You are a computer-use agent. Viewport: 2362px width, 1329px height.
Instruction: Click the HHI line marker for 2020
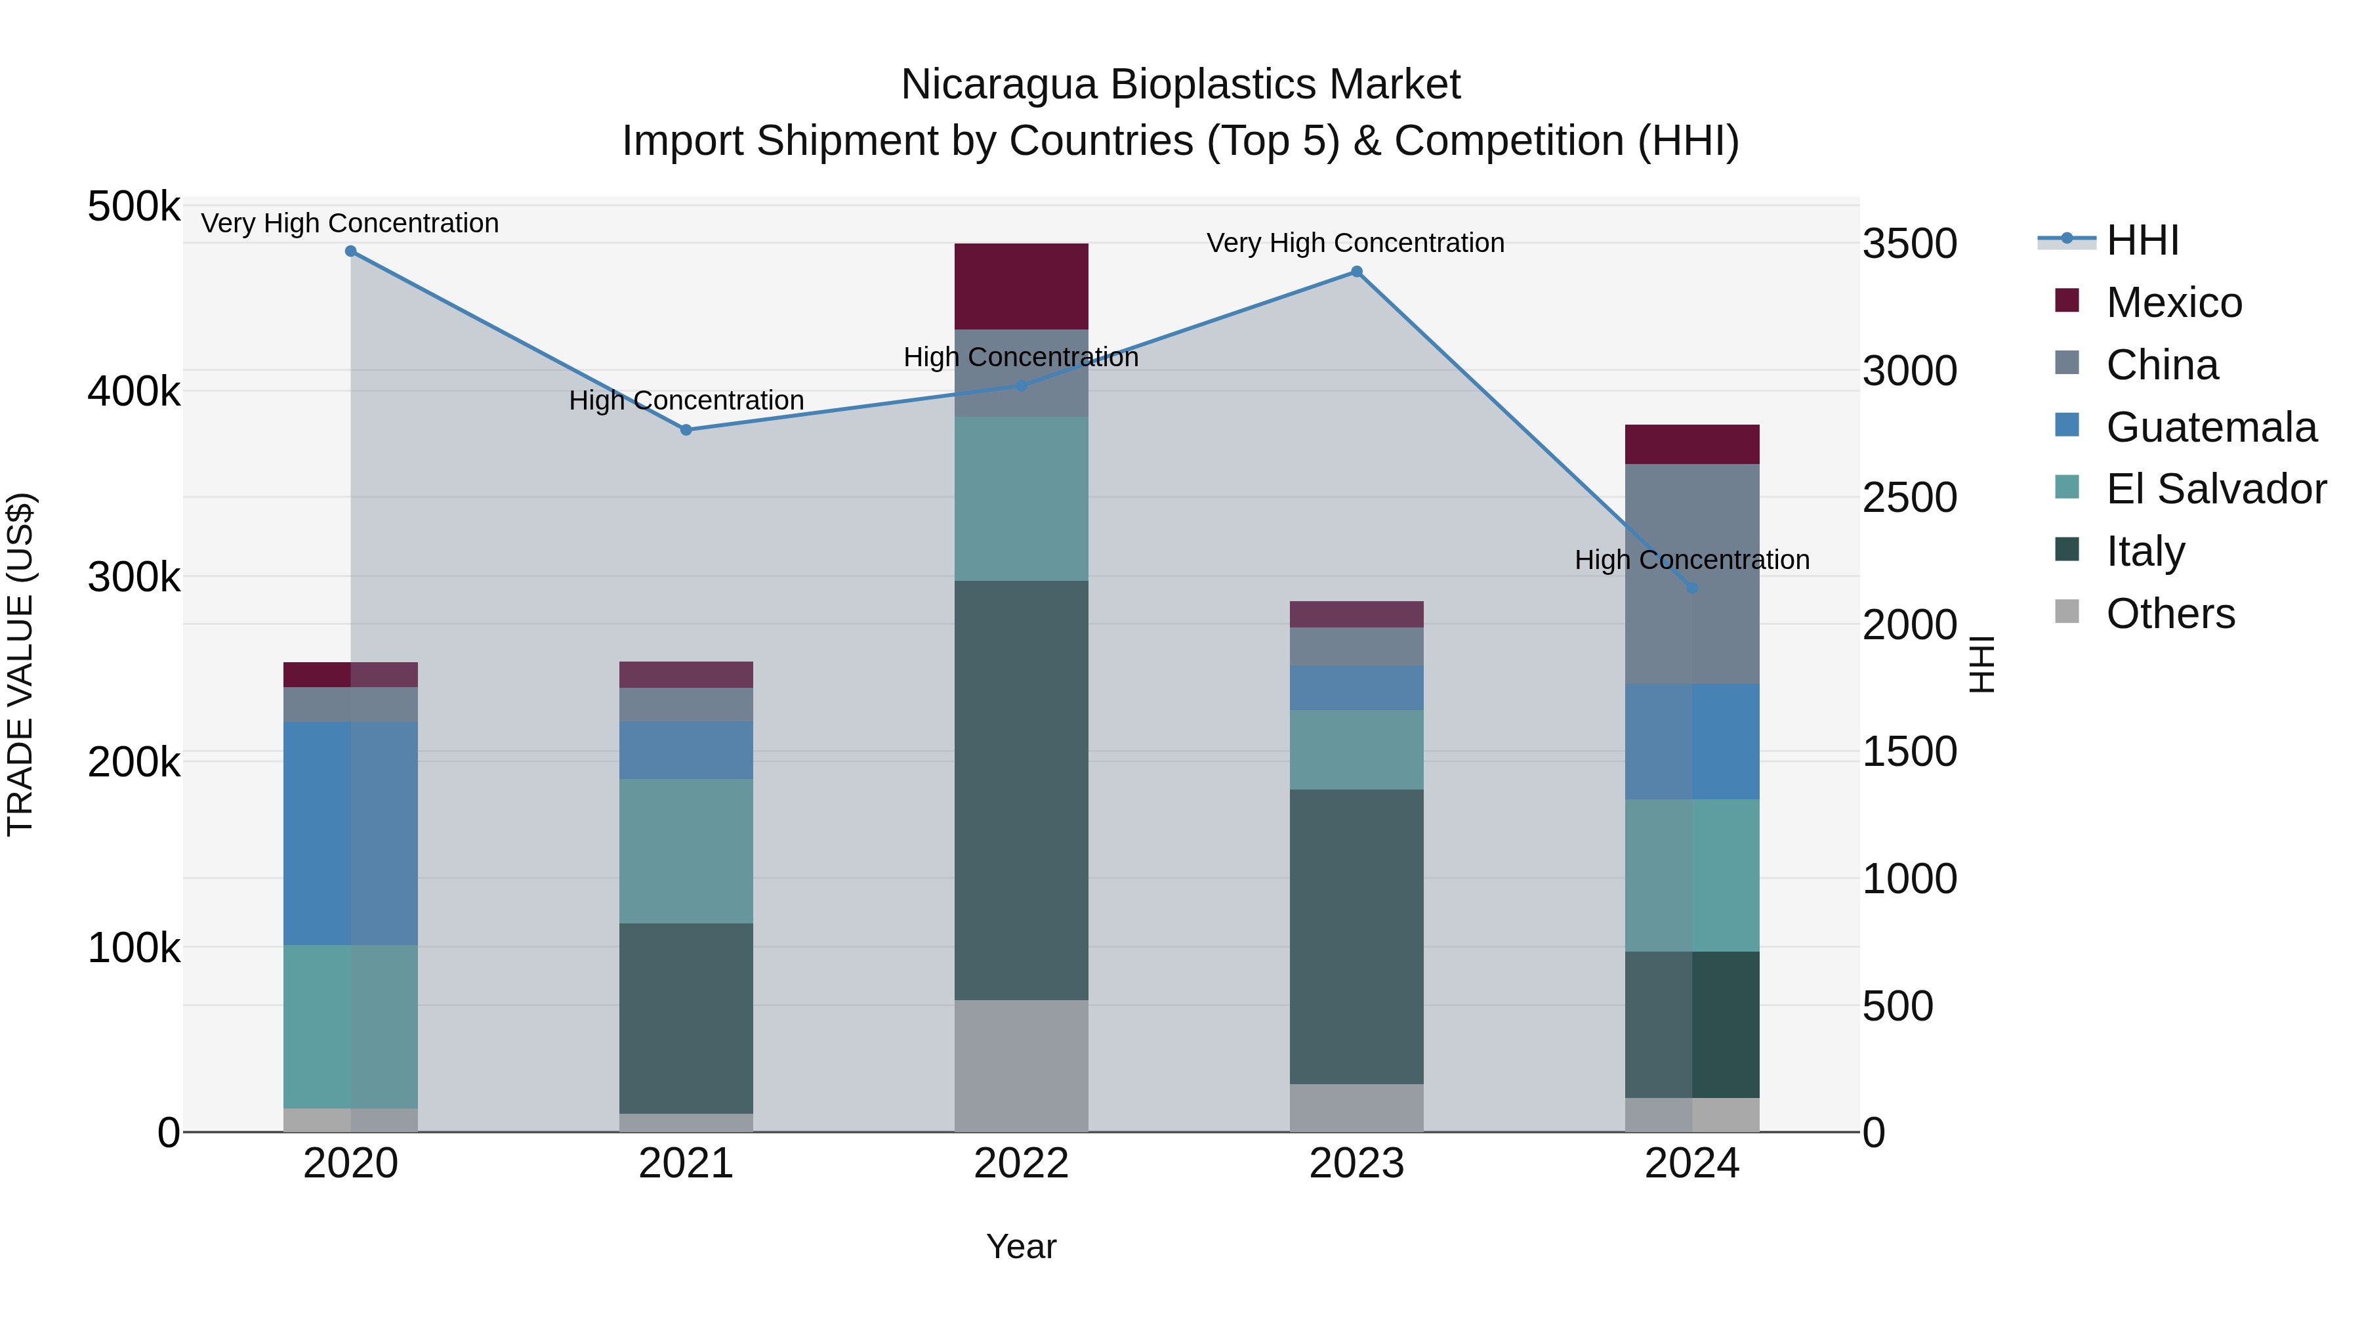(350, 251)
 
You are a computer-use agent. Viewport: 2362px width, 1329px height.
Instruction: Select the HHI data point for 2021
(686, 430)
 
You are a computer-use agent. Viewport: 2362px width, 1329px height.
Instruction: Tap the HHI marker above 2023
(1357, 272)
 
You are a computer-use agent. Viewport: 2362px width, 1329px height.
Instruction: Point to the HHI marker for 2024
(1691, 588)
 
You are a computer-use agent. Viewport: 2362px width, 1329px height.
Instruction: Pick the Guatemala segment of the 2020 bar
(350, 833)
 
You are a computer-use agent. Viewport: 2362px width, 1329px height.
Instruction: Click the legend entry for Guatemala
(2210, 427)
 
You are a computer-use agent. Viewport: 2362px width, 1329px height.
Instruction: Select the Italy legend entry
(2145, 551)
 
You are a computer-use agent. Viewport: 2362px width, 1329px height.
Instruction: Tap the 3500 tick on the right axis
(1910, 244)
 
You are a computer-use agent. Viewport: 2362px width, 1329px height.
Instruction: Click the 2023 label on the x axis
(1357, 1164)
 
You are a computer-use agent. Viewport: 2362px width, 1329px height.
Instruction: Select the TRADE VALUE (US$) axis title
(20, 664)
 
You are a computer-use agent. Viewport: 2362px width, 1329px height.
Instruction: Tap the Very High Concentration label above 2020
(350, 223)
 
